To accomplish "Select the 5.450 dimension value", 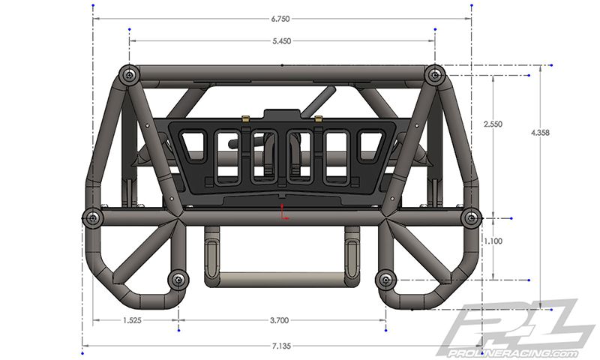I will tap(282, 42).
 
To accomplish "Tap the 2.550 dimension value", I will tap(493, 123).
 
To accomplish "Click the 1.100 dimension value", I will tap(493, 242).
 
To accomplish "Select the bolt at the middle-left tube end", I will tap(93, 217).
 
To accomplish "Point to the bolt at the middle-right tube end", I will tap(471, 217).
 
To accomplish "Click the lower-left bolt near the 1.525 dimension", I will tap(178, 280).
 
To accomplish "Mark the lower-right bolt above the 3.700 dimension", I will tap(386, 280).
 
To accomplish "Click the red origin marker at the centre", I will tap(283, 212).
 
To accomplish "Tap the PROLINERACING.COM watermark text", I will tap(512, 352).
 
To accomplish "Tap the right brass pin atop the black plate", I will tap(319, 118).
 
